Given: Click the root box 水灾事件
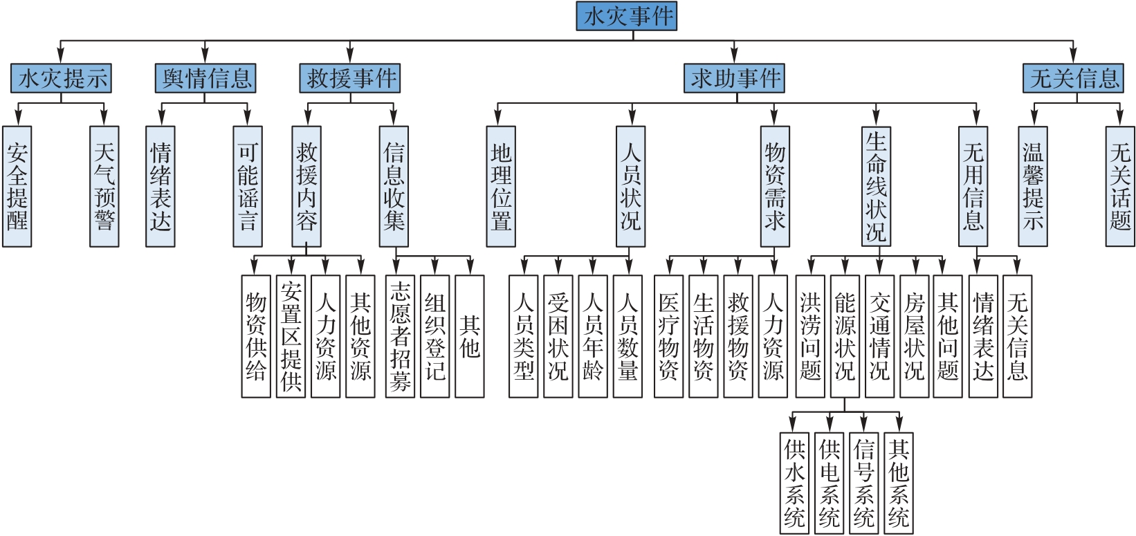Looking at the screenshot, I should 626,17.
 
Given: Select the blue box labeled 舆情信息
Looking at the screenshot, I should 205,78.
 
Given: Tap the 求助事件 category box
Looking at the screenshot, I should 735,78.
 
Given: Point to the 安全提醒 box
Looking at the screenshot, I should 17,187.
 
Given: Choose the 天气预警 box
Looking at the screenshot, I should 104,187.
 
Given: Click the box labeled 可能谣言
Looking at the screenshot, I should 248,187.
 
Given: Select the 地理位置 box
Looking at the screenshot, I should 501,187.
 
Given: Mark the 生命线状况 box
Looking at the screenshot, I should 876,187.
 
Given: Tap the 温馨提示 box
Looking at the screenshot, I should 1033,187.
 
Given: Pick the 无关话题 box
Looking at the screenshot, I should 1120,187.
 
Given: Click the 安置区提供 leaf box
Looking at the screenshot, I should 291,336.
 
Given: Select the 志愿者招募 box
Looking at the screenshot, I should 400,336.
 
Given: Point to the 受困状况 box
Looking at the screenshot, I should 558,336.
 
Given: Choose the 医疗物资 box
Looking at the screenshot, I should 668,336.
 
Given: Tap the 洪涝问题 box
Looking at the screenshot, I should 810,336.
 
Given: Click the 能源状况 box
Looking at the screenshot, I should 845,336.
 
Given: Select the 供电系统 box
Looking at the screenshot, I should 829,483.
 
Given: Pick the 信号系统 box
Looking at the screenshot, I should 863,483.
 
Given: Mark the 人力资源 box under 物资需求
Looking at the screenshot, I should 773,336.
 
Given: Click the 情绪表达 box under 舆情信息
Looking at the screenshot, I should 161,187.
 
